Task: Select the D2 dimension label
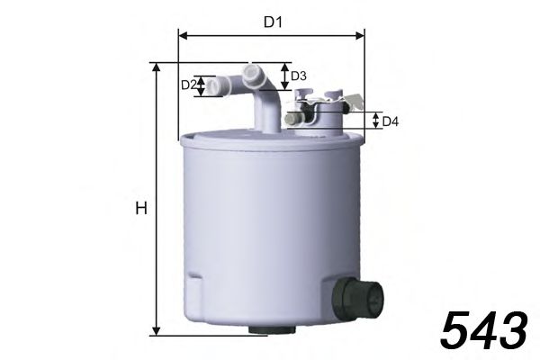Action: pyautogui.click(x=188, y=85)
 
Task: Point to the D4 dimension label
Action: pyautogui.click(x=390, y=121)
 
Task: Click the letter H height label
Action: pyautogui.click(x=139, y=209)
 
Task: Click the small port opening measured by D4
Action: pyautogui.click(x=292, y=119)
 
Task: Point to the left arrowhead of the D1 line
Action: pyautogui.click(x=183, y=36)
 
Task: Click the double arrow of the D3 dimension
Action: pyautogui.click(x=286, y=76)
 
